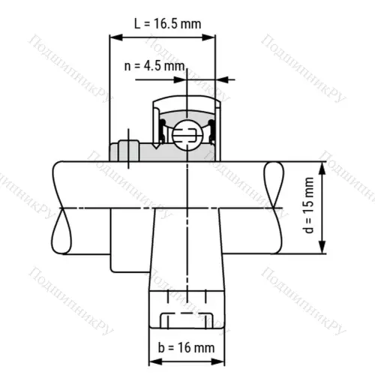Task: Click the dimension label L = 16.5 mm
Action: click(167, 23)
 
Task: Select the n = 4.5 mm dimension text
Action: click(154, 65)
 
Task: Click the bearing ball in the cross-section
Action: click(184, 135)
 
